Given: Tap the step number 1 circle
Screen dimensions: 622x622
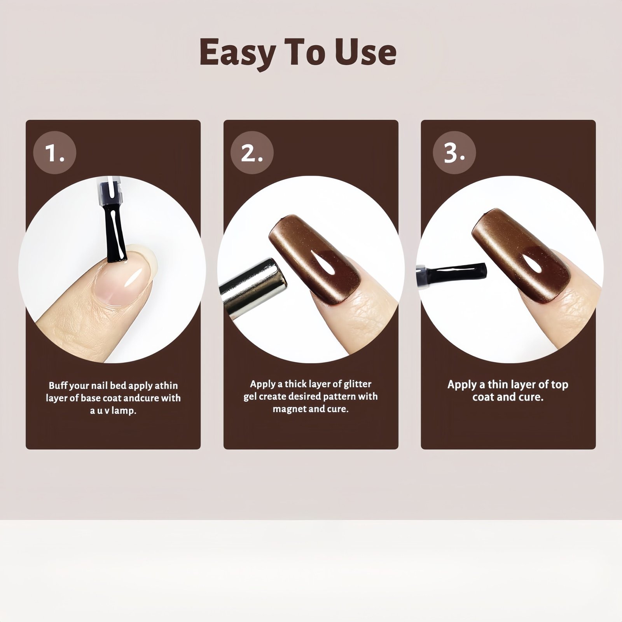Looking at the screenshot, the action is [x=54, y=152].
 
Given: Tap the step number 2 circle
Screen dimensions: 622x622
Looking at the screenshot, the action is [x=252, y=152].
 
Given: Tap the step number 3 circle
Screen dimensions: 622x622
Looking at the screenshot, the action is [x=454, y=152].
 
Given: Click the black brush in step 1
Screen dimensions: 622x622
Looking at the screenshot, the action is [x=115, y=225].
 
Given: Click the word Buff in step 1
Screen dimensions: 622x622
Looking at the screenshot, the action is [x=58, y=386].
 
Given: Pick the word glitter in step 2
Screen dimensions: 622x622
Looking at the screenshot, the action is [x=357, y=384].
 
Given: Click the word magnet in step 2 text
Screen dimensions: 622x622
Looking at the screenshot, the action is [x=287, y=409].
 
